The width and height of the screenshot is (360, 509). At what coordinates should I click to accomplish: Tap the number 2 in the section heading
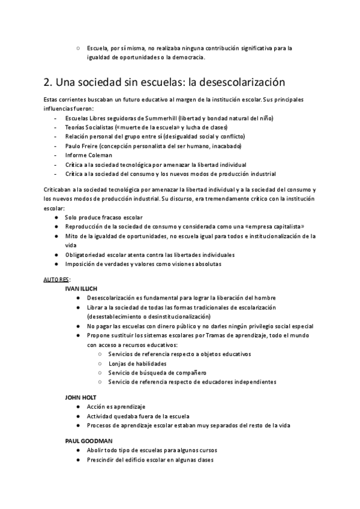[x=47, y=82]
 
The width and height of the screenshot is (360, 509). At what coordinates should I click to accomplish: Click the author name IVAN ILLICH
[x=81, y=289]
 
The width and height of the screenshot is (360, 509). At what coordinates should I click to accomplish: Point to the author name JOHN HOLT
[x=80, y=397]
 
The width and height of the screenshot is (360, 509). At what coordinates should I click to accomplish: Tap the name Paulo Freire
[x=81, y=146]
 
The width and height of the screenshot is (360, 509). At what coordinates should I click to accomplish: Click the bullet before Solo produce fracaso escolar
[x=56, y=216]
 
